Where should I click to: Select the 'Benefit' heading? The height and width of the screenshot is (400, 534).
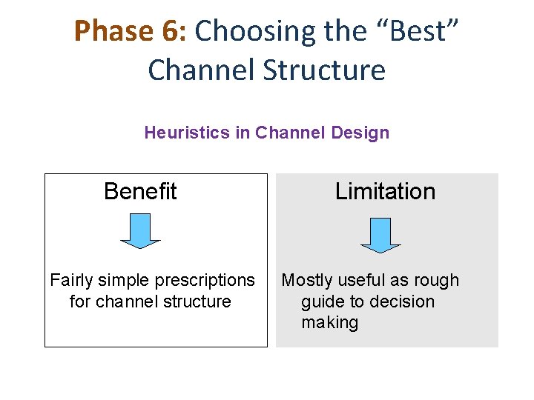tap(140, 192)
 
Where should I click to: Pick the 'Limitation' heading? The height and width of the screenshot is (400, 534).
tap(385, 192)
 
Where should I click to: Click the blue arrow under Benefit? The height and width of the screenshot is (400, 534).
tap(140, 230)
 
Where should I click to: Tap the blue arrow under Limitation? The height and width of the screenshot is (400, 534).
tap(380, 234)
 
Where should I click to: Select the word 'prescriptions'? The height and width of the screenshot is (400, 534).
tap(203, 281)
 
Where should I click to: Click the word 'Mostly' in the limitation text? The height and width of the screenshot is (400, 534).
tap(306, 281)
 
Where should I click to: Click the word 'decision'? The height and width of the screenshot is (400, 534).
tap(401, 302)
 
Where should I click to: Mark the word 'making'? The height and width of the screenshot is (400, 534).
tap(329, 323)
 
